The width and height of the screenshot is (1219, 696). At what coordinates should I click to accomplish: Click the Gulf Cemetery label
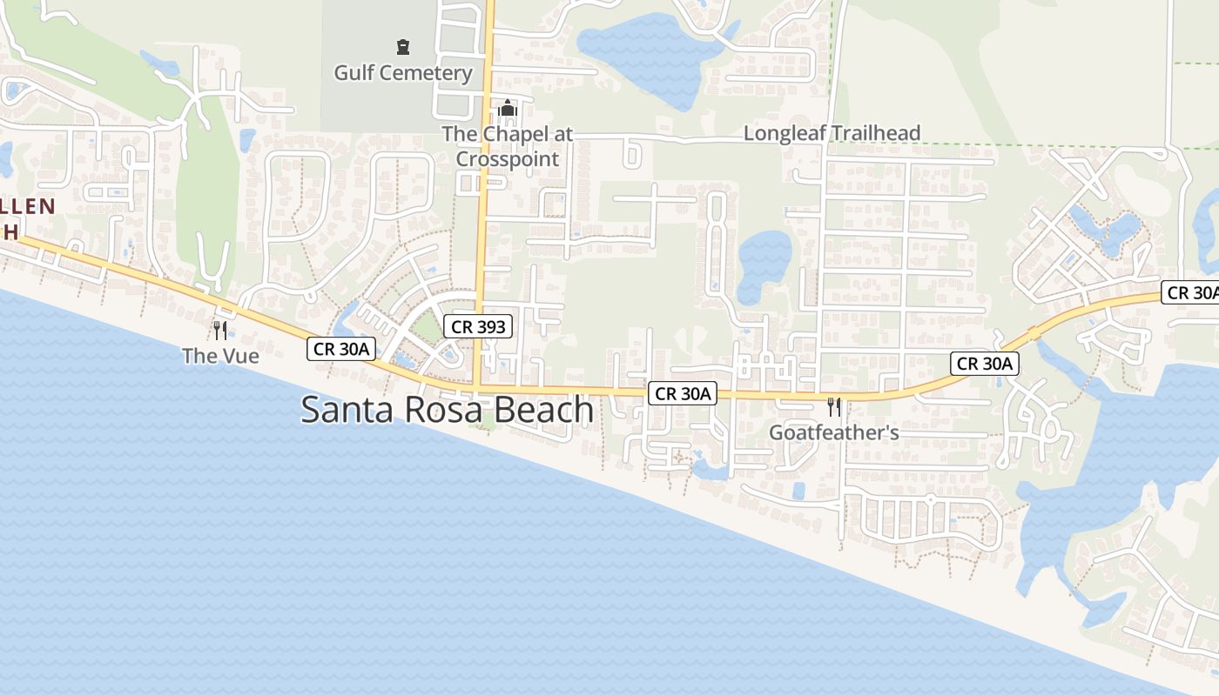tap(402, 72)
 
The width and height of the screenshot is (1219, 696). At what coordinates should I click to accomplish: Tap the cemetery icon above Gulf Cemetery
tap(402, 46)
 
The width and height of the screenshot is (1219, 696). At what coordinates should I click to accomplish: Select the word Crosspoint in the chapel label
tap(508, 159)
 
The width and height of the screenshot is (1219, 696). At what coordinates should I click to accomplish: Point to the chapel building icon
tap(508, 109)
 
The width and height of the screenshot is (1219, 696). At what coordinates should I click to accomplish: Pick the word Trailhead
tap(873, 133)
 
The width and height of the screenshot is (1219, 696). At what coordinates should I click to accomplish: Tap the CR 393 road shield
tap(478, 327)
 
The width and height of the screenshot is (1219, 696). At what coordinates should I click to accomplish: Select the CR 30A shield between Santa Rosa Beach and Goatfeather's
tap(683, 393)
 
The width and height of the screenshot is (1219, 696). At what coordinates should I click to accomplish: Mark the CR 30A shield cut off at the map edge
tap(1192, 292)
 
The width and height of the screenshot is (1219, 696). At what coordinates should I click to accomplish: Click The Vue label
tap(220, 355)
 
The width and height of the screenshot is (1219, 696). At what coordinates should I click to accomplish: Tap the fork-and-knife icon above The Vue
tap(220, 330)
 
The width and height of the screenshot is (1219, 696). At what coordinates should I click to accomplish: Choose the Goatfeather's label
tap(833, 432)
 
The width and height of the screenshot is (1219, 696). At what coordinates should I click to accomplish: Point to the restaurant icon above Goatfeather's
tap(833, 406)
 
